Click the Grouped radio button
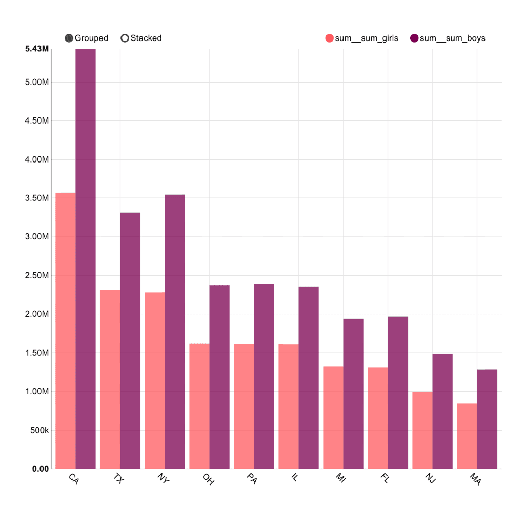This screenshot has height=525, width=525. tap(69, 38)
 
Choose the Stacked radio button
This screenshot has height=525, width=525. tap(125, 38)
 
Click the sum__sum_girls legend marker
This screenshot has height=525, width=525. tap(330, 38)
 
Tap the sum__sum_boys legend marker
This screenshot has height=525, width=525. tap(415, 38)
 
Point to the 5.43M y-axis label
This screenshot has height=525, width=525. tap(37, 49)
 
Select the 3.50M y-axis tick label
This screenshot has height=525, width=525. tap(37, 198)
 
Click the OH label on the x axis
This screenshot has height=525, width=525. tap(208, 479)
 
